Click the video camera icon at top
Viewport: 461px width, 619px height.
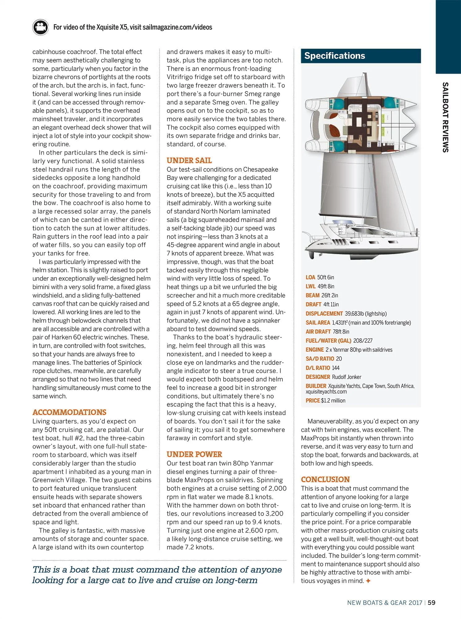pyautogui.click(x=40, y=27)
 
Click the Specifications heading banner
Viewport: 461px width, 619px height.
pyautogui.click(x=361, y=56)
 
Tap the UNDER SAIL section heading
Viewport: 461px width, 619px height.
pyautogui.click(x=189, y=160)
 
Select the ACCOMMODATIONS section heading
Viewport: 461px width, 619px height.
pyautogui.click(x=69, y=412)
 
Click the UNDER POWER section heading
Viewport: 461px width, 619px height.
pyautogui.click(x=194, y=454)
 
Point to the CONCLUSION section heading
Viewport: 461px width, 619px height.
pyautogui.click(x=325, y=479)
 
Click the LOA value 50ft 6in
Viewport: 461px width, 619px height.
pyautogui.click(x=326, y=277)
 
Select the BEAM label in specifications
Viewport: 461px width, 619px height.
pyautogui.click(x=312, y=295)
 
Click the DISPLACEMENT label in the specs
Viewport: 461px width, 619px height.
pyautogui.click(x=324, y=314)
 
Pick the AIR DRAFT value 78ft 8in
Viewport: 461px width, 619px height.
pyautogui.click(x=341, y=331)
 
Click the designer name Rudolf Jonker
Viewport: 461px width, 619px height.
pyautogui.click(x=346, y=377)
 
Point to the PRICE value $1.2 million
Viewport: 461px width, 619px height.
pyautogui.click(x=333, y=400)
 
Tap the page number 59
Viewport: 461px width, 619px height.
pyautogui.click(x=432, y=603)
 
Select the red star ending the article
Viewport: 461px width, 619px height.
pyautogui.click(x=368, y=581)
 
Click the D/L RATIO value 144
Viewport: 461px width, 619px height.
pyautogui.click(x=336, y=368)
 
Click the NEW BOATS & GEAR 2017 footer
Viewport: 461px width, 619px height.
pyautogui.click(x=385, y=603)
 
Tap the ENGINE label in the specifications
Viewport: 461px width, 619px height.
pyautogui.click(x=315, y=350)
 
